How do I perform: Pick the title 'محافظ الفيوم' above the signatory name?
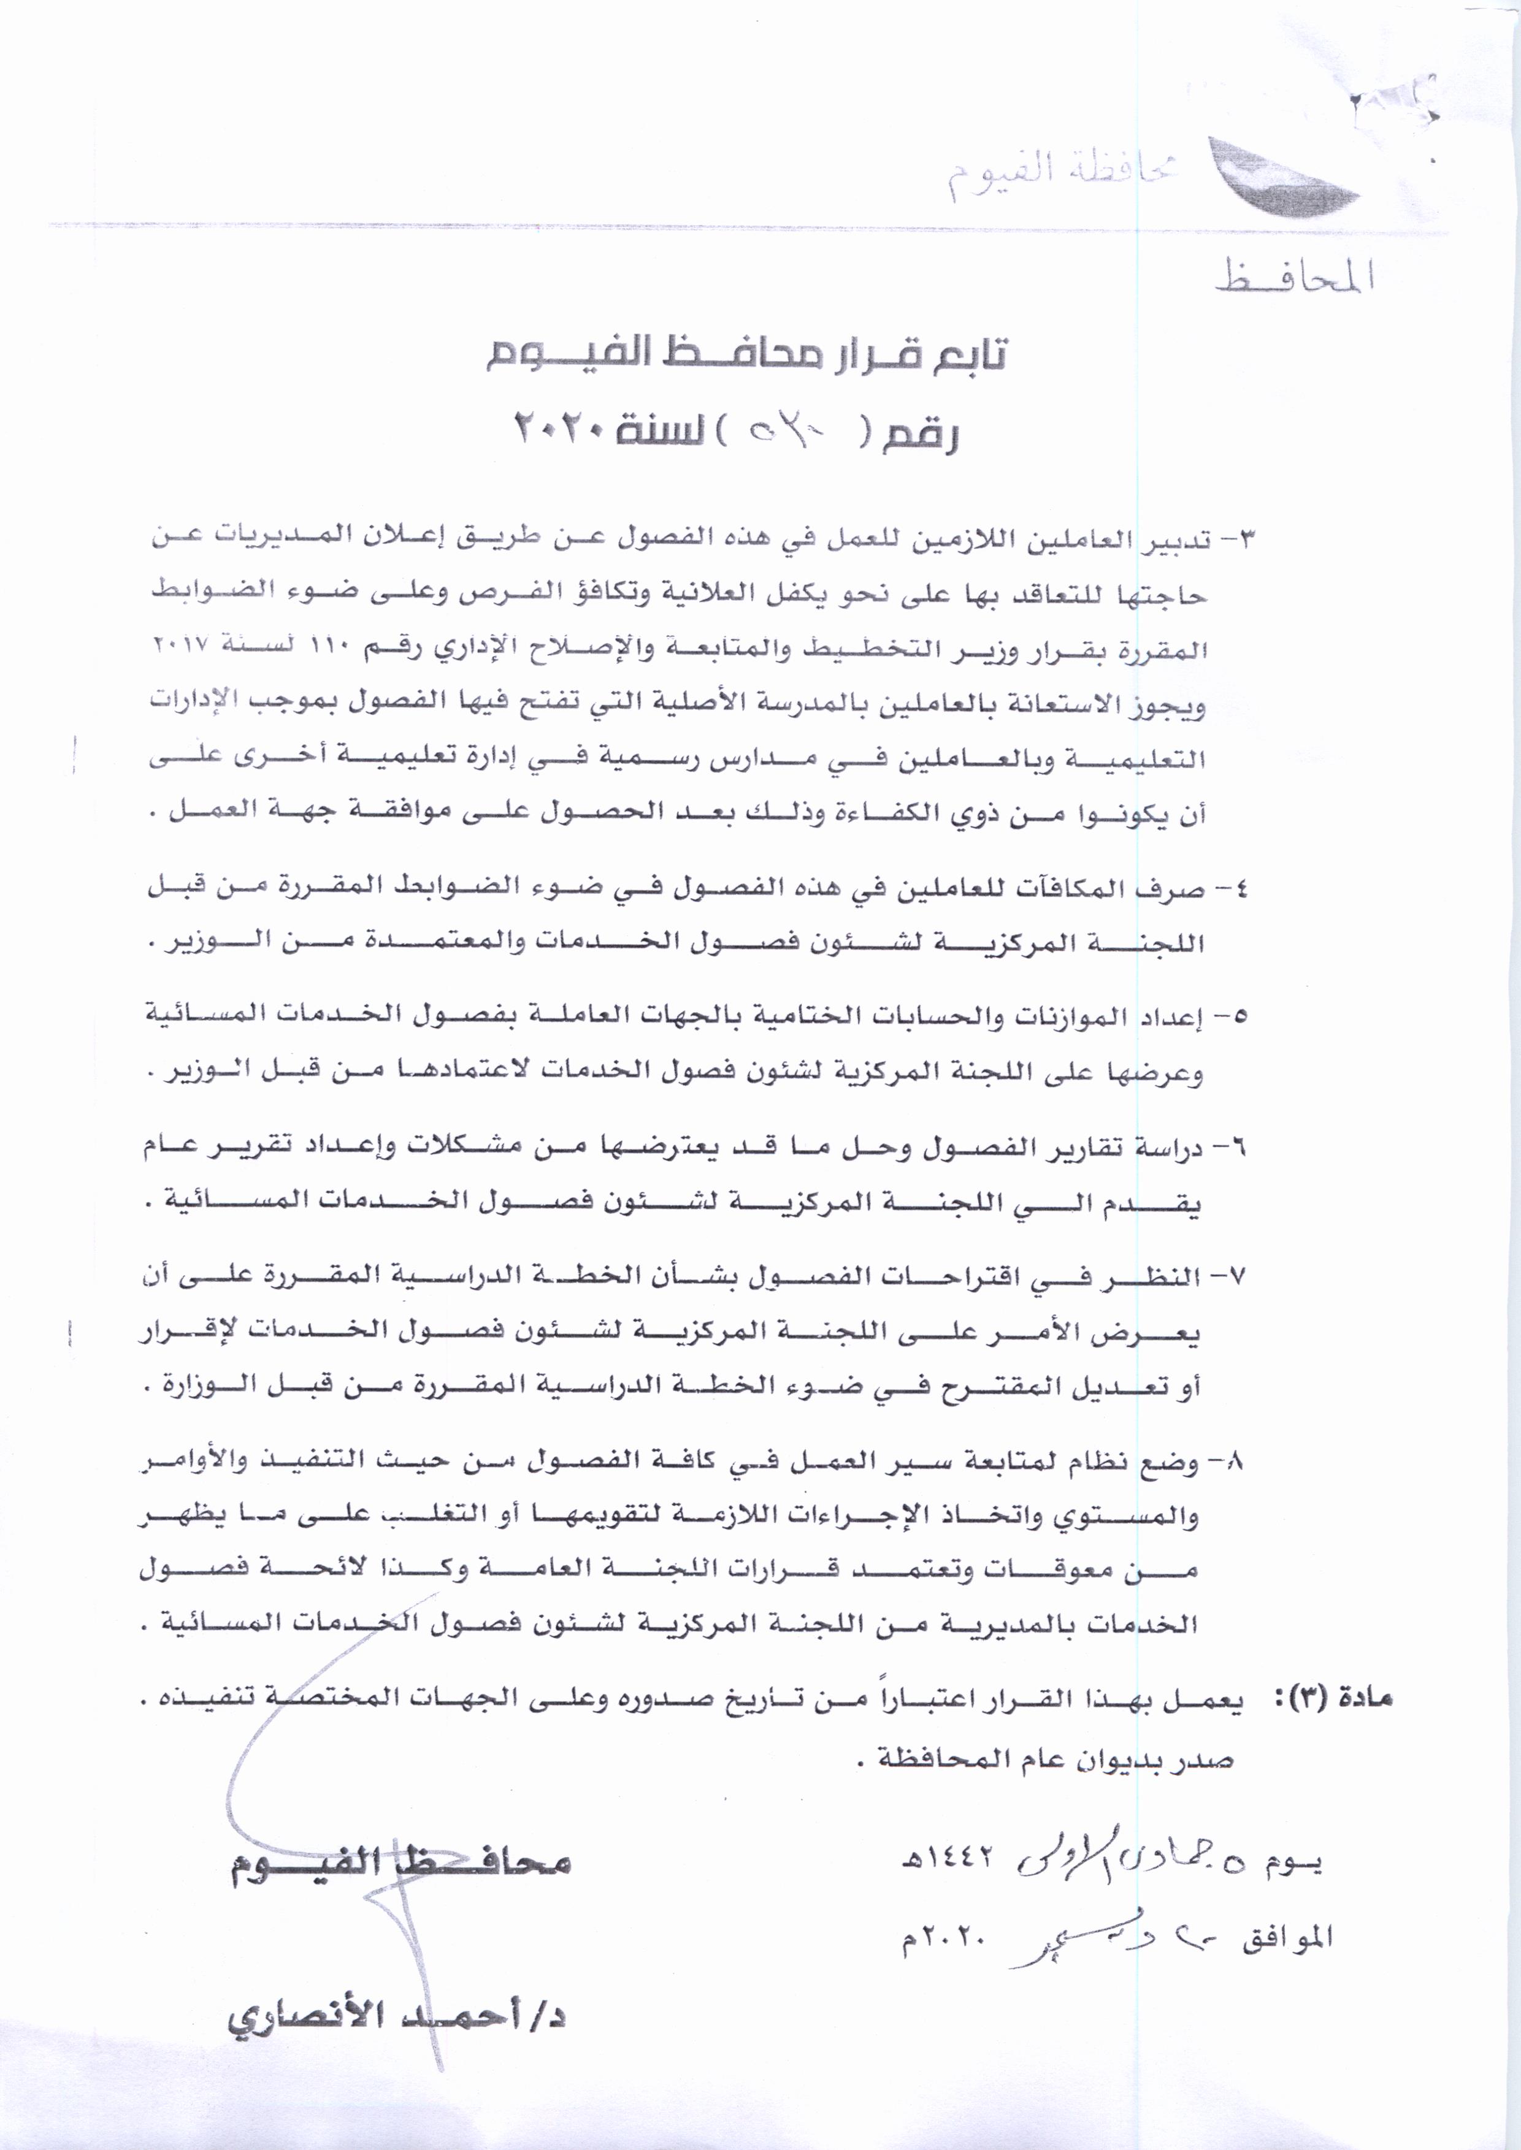click(401, 1862)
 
